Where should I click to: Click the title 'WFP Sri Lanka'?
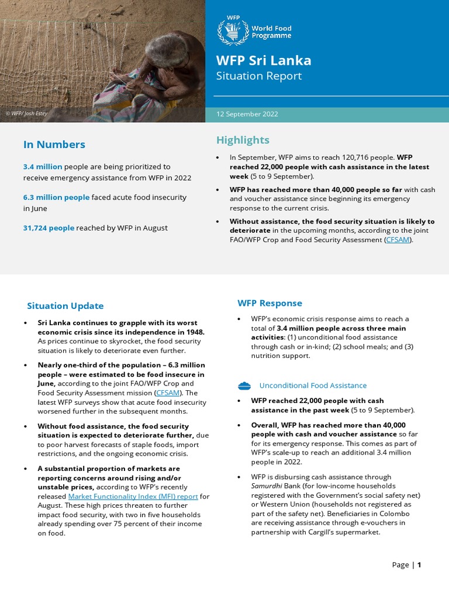[263, 61]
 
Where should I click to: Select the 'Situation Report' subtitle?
[258, 76]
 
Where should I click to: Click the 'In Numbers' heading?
[54, 144]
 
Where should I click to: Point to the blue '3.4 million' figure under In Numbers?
[42, 167]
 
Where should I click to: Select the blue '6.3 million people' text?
[56, 197]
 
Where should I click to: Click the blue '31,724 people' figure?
[49, 228]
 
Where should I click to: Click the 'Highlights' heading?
[243, 140]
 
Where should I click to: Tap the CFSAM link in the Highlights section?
[398, 239]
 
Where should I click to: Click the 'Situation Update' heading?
[65, 306]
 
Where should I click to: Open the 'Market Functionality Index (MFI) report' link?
[133, 497]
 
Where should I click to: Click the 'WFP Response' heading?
[270, 303]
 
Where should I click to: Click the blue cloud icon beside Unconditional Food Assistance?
[244, 385]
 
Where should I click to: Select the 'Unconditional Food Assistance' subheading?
[313, 385]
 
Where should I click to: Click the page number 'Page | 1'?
[406, 564]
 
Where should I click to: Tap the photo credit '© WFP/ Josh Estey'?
[26, 113]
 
